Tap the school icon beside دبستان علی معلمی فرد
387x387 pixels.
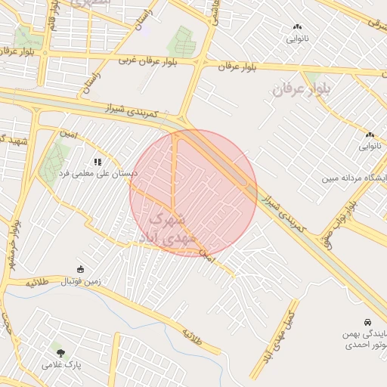coord(98,162)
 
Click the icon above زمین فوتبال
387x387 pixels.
coord(81,269)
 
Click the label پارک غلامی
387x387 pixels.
coord(58,364)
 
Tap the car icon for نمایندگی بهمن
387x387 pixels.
coord(368,321)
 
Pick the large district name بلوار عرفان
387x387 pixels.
coord(302,90)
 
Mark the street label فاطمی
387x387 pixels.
coord(215,13)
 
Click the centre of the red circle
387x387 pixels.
coord(193,193)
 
